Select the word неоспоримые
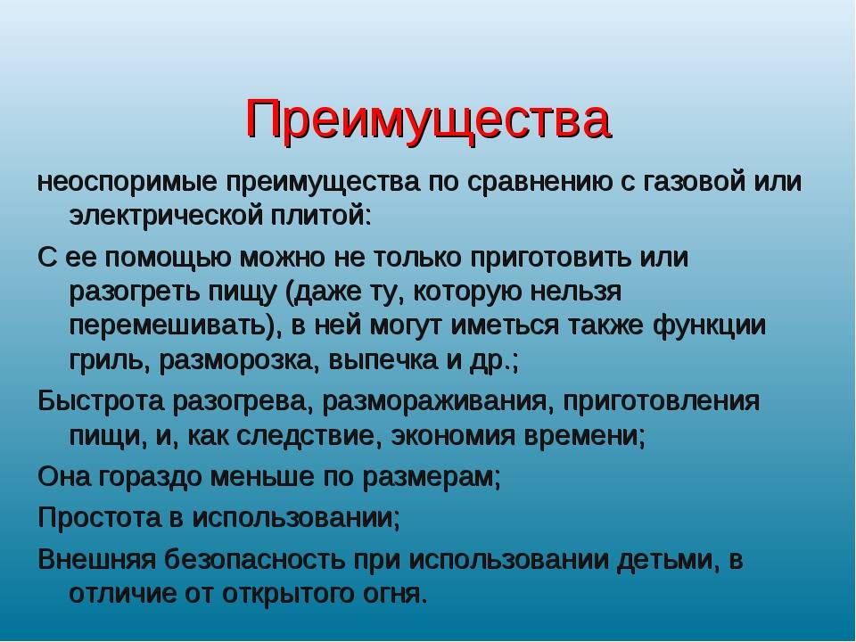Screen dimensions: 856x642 pyautogui.click(x=128, y=183)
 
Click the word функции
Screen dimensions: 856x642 pyautogui.click(x=709, y=327)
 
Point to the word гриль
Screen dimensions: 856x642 pyautogui.click(x=106, y=361)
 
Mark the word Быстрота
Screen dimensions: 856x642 pyautogui.click(x=101, y=402)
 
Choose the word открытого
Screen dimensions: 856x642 pyautogui.click(x=288, y=595)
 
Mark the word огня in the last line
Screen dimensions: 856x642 pyautogui.click(x=391, y=595)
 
